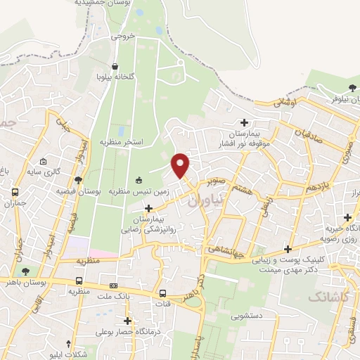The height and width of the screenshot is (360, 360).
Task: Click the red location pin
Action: click(x=181, y=165)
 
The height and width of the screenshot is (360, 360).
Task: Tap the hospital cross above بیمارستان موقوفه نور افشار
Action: click(x=244, y=123)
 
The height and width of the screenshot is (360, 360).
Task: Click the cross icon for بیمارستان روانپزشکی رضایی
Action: click(x=148, y=208)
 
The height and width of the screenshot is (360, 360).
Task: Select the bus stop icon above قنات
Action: click(x=163, y=294)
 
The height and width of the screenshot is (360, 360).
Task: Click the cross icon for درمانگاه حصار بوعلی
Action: click(x=127, y=321)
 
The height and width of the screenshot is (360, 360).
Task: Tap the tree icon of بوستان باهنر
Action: click(x=26, y=271)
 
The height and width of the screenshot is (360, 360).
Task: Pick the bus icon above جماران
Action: click(x=15, y=192)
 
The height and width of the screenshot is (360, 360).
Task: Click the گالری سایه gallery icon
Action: click(x=44, y=161)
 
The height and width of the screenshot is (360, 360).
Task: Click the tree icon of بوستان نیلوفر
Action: click(x=352, y=88)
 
